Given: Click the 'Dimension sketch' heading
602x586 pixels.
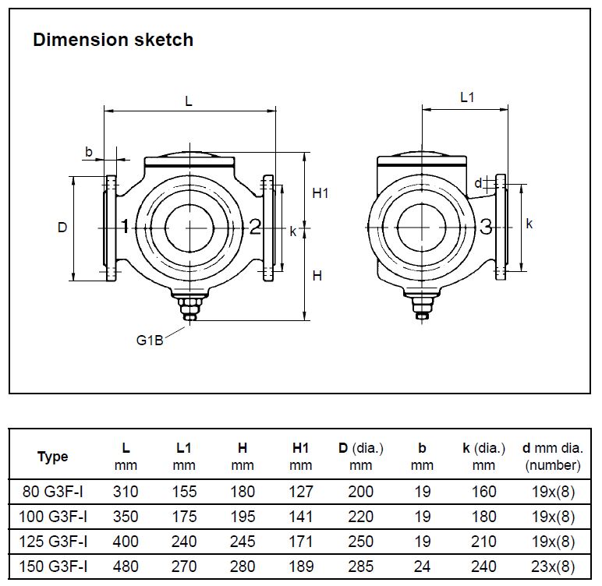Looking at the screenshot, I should pos(113,41).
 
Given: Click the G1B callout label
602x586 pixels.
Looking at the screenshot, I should pos(150,341).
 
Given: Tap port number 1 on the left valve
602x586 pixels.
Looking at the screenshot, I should pos(124,227).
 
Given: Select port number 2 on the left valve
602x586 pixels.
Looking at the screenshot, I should pos(255,227).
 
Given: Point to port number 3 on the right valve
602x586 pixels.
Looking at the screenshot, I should pos(486,227).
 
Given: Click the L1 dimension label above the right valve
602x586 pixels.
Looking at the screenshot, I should pos(467,97).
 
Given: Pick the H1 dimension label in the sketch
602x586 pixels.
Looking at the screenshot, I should pos(320,193).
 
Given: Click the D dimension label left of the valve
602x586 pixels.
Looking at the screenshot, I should pos(62,228).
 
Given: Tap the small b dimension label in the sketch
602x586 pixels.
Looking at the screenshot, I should pos(89,151).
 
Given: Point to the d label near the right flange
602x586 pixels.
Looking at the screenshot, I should pos(478,183).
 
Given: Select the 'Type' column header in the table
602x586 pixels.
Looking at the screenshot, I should pos(53,457).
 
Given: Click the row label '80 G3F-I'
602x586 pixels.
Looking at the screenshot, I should pos(53,492).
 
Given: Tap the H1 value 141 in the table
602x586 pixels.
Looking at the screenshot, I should pos(301,517).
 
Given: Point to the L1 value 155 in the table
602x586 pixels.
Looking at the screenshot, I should pos(184,492).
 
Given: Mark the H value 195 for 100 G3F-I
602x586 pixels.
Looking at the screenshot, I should pos(243,517).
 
